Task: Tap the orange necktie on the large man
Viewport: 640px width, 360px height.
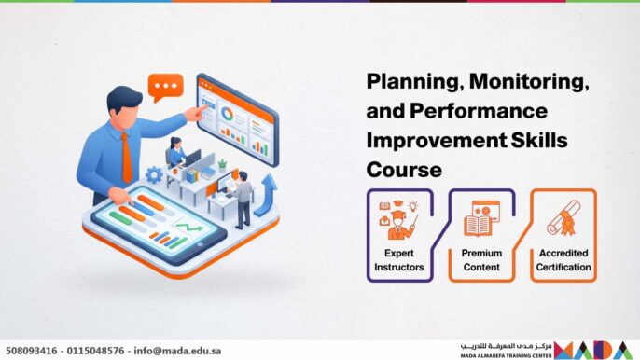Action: coord(125,155)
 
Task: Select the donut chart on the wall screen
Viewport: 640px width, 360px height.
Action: coord(227,115)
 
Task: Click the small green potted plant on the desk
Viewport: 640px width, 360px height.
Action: coord(222,162)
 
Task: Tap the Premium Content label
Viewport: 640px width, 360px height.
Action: coord(481,260)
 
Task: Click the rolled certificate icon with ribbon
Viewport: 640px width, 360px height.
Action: coord(563,219)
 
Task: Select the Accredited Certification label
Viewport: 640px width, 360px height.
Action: coord(563,260)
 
